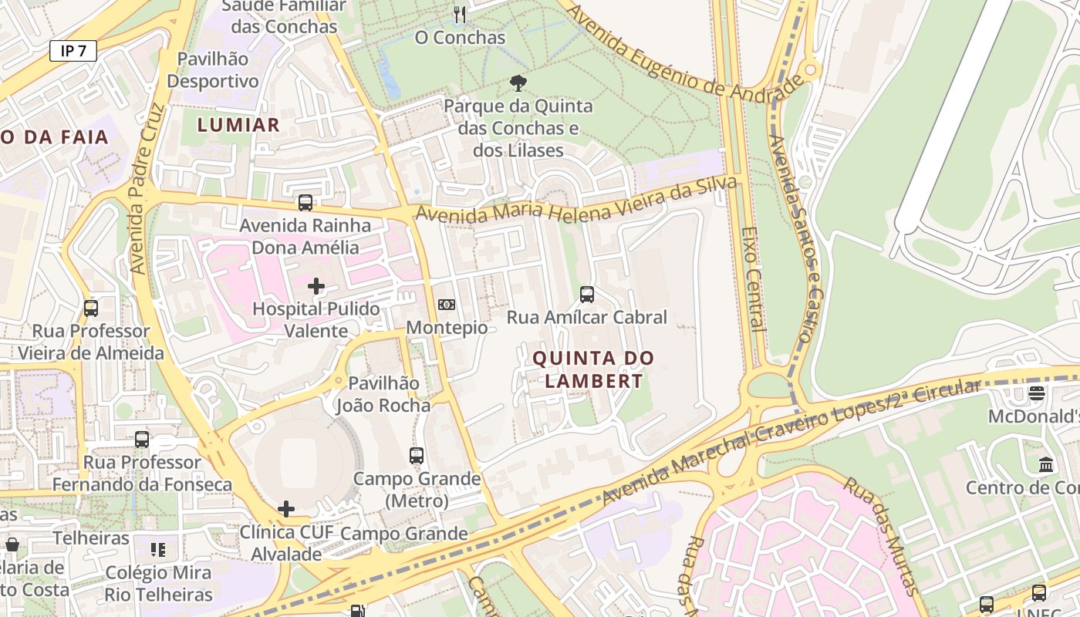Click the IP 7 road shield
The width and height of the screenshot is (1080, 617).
pos(73,51)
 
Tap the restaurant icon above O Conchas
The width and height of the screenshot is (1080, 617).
pos(460,14)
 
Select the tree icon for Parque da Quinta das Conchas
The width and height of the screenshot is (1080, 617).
pos(518,83)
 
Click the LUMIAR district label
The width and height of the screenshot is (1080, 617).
pos(238,125)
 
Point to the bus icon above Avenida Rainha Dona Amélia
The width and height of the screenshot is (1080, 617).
pos(305,203)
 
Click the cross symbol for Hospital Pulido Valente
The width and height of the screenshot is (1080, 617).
pos(316,286)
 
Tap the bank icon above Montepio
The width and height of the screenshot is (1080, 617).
pos(447,305)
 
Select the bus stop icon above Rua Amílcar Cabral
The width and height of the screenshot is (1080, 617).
pos(587,294)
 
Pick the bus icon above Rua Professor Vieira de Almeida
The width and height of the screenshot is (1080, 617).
pos(91,308)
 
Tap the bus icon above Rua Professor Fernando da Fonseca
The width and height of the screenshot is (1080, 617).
pos(142,440)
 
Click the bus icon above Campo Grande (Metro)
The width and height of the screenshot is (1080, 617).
pos(417,456)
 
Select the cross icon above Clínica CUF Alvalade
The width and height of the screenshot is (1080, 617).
pos(286,509)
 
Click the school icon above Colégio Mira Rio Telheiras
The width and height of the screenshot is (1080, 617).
pos(158,550)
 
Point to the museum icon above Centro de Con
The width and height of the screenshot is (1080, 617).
pos(1047,464)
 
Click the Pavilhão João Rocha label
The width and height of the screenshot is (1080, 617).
pos(383,394)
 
